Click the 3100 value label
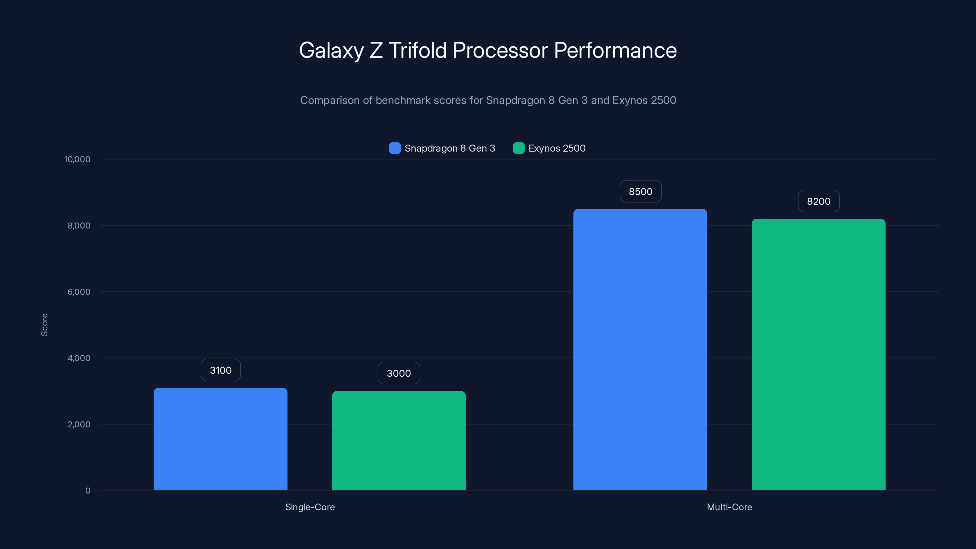pos(221,370)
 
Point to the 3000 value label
pos(399,373)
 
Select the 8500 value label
pos(640,191)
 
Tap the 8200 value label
pos(818,201)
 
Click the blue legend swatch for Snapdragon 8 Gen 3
pos(395,148)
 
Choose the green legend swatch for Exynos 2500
pos(518,148)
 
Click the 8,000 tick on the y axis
pos(79,225)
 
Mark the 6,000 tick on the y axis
pos(79,292)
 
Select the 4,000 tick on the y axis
pos(79,358)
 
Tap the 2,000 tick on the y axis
pos(79,424)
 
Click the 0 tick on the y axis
pos(88,491)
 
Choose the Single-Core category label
pos(310,507)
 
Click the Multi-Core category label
pos(729,507)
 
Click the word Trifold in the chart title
pos(418,50)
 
